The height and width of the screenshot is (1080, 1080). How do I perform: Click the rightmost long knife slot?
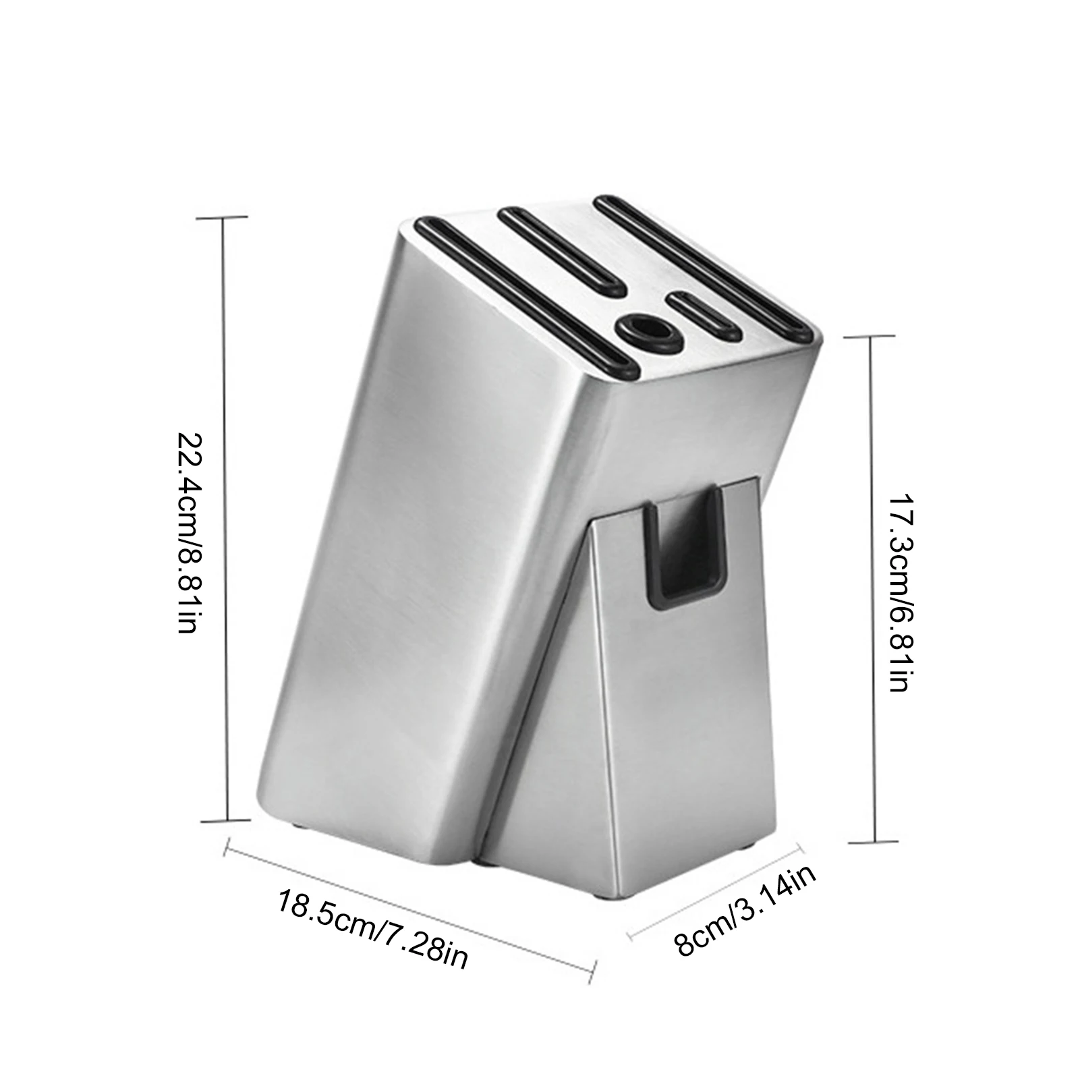702,262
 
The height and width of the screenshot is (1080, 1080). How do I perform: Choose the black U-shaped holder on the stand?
684,546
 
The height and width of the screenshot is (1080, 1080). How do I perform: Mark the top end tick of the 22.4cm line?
223,217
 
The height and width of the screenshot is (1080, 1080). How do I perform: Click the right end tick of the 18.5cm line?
594,972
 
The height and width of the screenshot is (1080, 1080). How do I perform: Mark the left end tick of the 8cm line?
630,936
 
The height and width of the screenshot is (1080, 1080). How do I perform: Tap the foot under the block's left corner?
297,824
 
